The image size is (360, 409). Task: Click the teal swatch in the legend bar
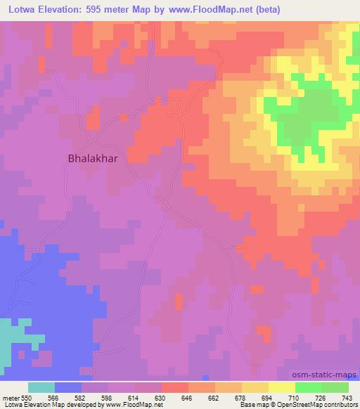[x=41, y=387]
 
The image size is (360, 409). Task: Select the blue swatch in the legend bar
[x=68, y=387]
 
